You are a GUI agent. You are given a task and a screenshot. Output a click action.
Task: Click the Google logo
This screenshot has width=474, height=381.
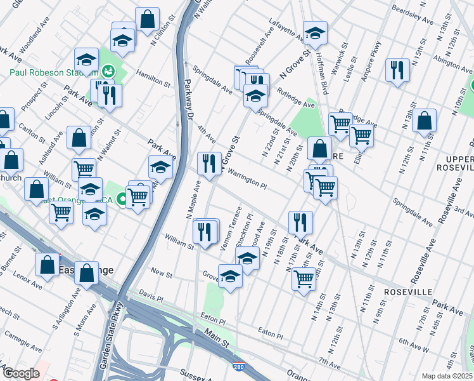(x=21, y=373)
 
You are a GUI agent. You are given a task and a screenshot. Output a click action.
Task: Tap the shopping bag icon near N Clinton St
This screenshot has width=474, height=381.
(x=147, y=20)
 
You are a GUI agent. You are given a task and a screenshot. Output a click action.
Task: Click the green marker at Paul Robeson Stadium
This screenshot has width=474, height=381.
(x=108, y=72)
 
